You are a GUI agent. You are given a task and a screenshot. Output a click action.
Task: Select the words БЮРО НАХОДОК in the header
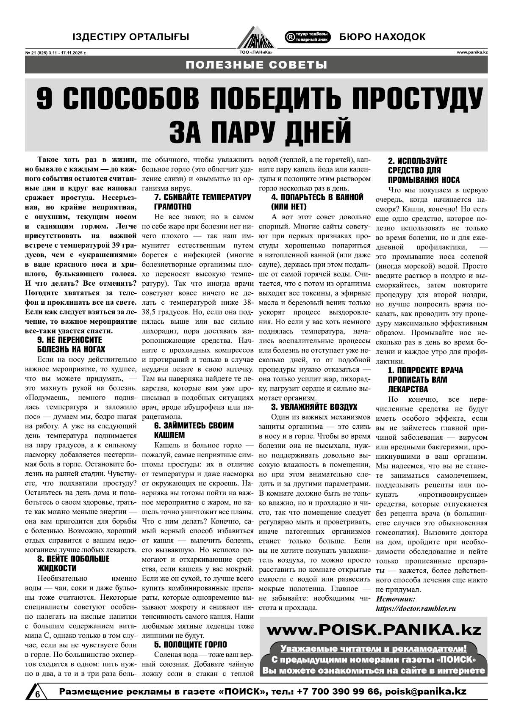click(x=382, y=37)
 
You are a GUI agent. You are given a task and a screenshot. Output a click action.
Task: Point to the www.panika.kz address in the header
click(x=472, y=52)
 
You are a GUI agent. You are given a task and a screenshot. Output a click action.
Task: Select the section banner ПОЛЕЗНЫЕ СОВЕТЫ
click(x=256, y=65)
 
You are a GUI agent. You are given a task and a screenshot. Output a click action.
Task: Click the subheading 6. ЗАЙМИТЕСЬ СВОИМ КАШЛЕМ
click(x=194, y=430)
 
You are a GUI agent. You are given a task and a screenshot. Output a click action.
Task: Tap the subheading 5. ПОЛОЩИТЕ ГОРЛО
click(x=190, y=645)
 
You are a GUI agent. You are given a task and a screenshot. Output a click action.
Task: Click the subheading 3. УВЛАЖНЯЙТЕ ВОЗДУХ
click(x=314, y=407)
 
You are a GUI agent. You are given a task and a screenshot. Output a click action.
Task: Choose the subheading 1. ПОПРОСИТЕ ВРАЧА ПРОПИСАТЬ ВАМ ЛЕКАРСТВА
click(x=425, y=380)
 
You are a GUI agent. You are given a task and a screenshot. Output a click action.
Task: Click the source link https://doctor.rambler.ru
click(x=416, y=609)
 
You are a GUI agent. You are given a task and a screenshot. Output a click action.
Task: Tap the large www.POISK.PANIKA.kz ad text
click(x=374, y=630)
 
